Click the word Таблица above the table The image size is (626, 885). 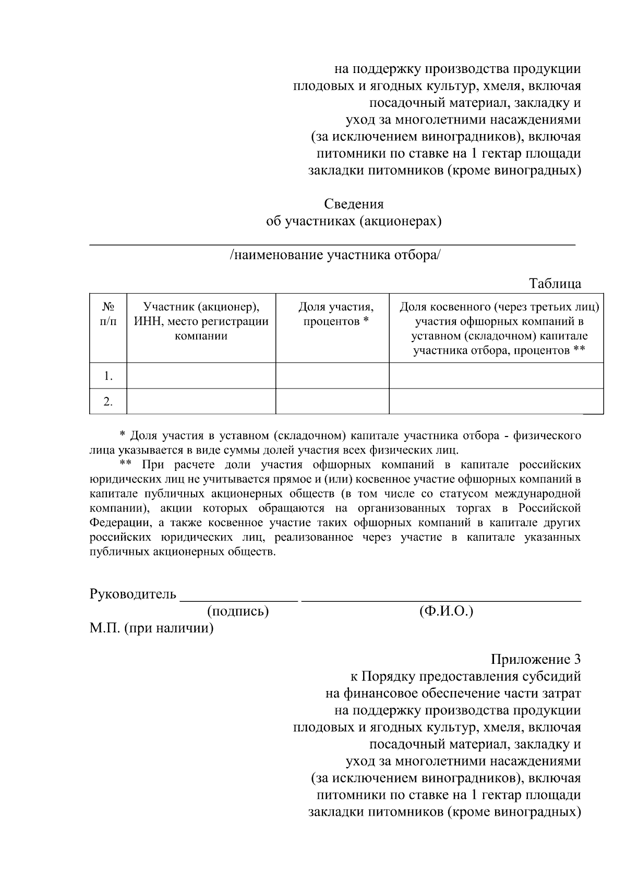click(555, 284)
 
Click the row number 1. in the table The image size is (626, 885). click(108, 376)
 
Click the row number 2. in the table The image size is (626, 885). click(108, 402)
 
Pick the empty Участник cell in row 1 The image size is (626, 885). click(201, 375)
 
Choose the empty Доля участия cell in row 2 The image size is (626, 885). click(332, 402)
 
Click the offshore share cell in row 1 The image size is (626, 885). click(496, 375)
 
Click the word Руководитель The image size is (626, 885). click(133, 595)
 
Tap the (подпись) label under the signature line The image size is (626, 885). click(238, 611)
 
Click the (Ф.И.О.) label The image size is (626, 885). click(446, 611)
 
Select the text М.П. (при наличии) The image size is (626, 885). click(151, 628)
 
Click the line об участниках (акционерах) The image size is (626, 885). click(354, 221)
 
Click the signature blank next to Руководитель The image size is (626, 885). click(239, 596)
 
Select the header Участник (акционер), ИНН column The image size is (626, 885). click(201, 321)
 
